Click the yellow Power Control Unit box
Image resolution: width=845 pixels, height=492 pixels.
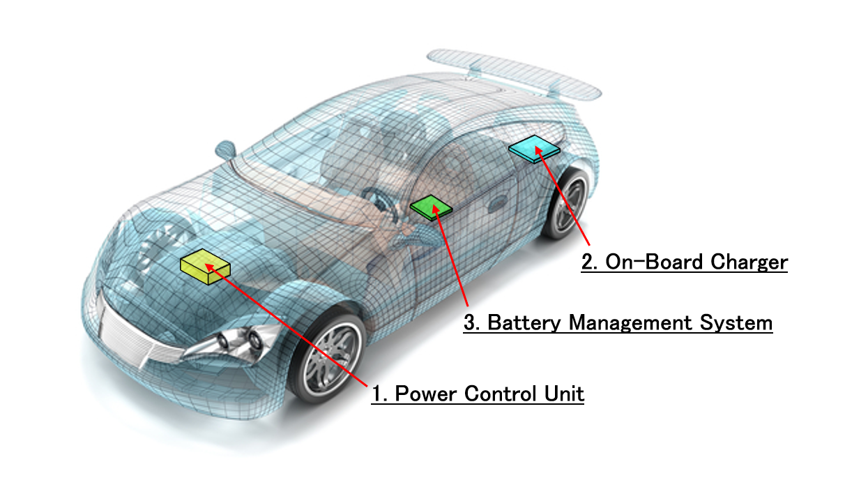pyautogui.click(x=205, y=267)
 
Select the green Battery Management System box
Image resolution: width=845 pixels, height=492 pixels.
pyautogui.click(x=431, y=208)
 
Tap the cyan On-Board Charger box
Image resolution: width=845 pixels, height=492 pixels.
pyautogui.click(x=534, y=149)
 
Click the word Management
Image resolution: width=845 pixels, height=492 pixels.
pyautogui.click(x=630, y=323)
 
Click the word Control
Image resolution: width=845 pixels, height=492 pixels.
pyautogui.click(x=501, y=394)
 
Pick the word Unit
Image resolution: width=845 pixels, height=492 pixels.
pyautogui.click(x=564, y=394)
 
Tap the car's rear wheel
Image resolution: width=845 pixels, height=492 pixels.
pyautogui.click(x=565, y=204)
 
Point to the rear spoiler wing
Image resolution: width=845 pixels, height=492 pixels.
pyautogui.click(x=514, y=73)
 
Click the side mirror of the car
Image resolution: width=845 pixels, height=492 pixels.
pyautogui.click(x=226, y=150)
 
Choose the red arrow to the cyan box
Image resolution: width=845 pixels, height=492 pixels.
pyautogui.click(x=562, y=195)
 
